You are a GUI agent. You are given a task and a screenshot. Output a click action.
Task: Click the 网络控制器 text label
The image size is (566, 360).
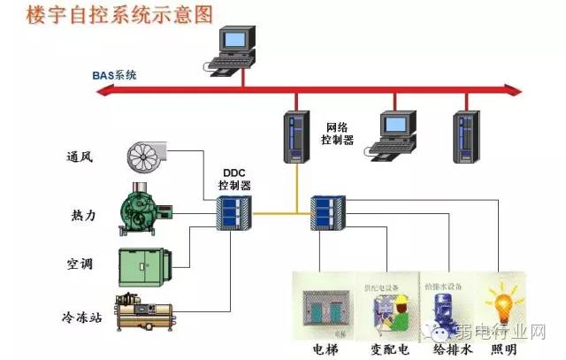pos(340,134)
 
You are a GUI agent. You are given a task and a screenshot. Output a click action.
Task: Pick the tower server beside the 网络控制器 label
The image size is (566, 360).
pos(295,135)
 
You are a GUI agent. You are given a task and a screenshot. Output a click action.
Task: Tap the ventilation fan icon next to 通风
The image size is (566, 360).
pos(147,157)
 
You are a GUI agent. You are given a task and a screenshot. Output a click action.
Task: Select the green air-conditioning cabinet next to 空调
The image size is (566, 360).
pos(145,263)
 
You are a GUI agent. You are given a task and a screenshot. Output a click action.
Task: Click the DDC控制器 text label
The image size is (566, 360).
pos(234,180)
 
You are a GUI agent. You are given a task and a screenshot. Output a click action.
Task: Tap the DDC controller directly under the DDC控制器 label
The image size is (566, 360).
pos(234,212)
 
